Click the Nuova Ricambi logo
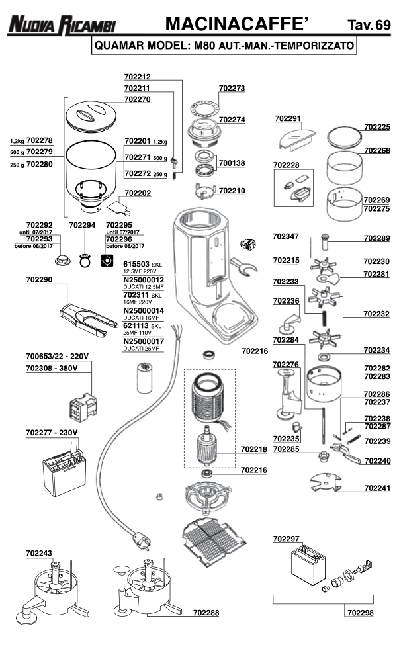tap(62, 26)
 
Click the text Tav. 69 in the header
tap(369, 26)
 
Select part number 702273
tap(232, 87)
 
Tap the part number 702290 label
tap(39, 281)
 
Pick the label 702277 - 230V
tap(52, 432)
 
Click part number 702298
tap(359, 613)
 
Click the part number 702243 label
tap(39, 552)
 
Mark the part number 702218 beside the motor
tap(253, 449)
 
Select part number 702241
tap(376, 488)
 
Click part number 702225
tap(376, 126)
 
